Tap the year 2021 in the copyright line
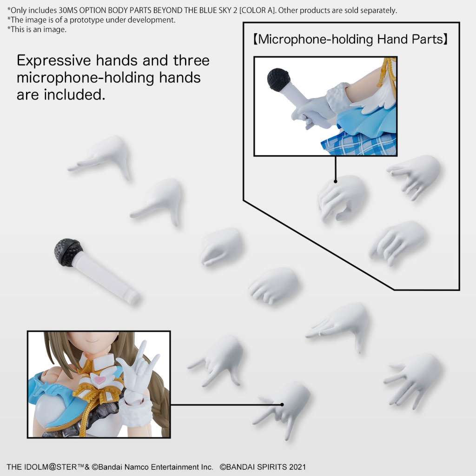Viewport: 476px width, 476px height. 296,467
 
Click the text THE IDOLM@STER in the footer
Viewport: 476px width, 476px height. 37,467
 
